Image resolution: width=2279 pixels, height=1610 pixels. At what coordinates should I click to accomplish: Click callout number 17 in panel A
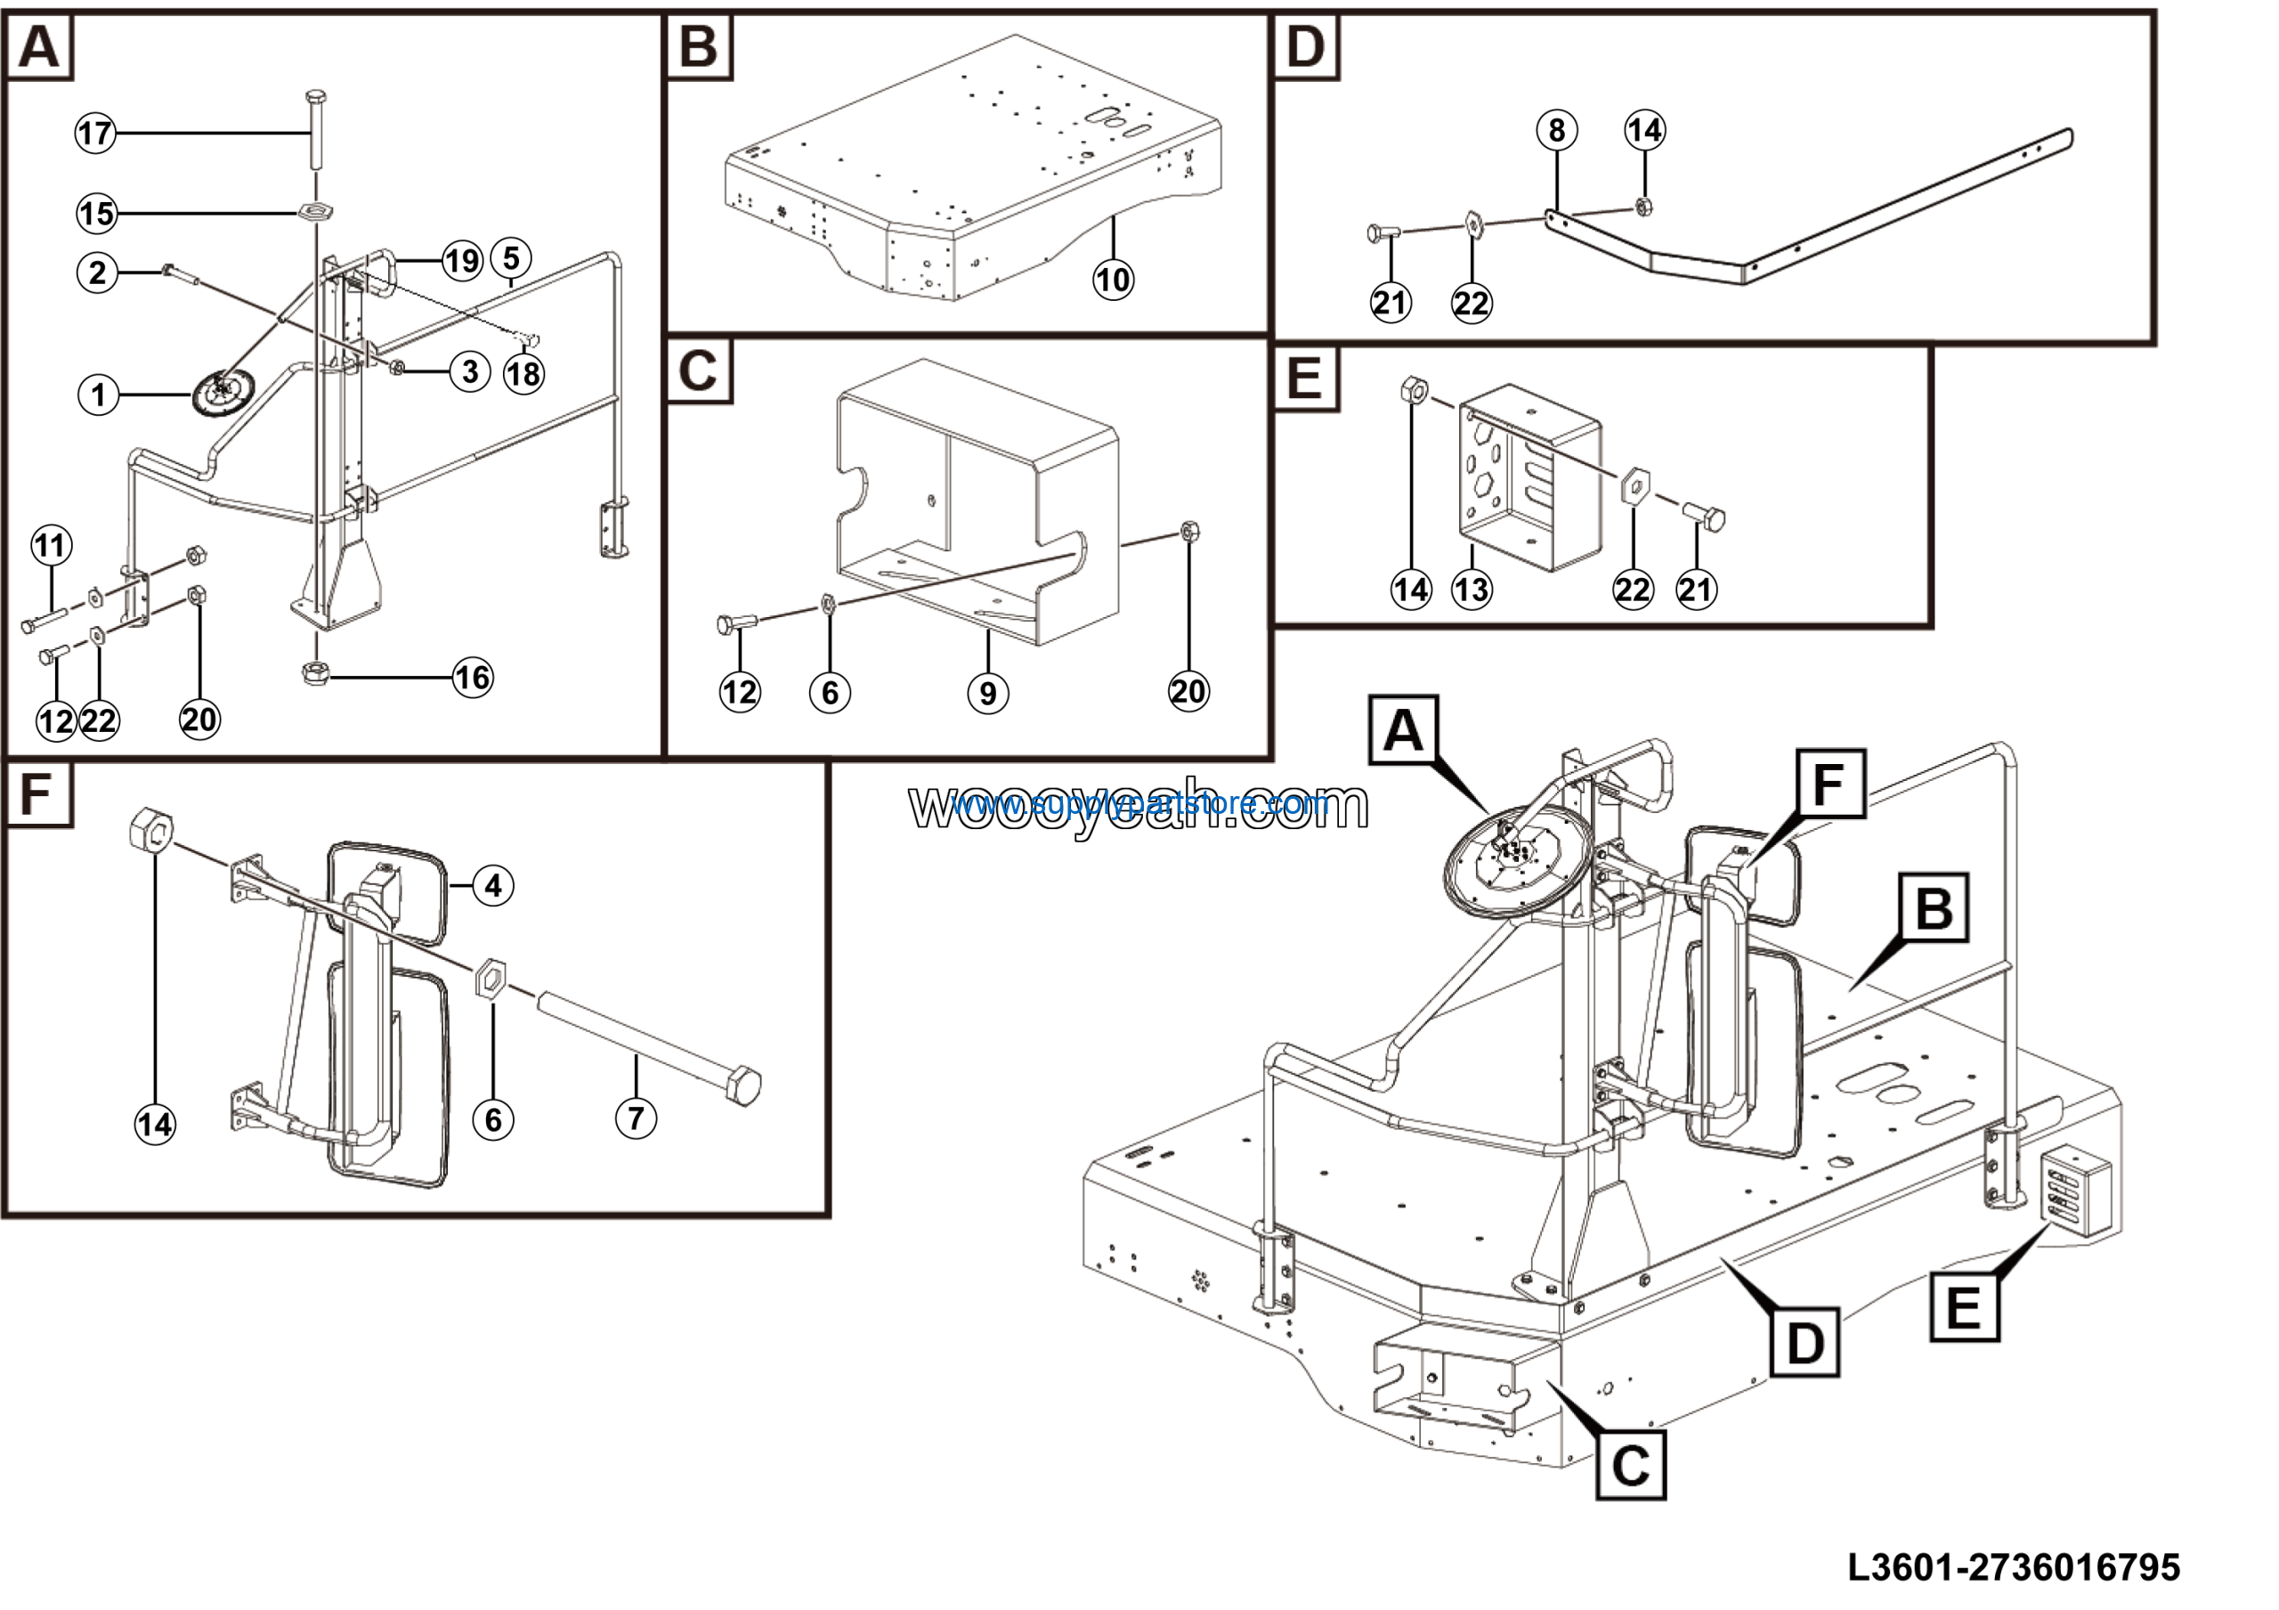tap(95, 133)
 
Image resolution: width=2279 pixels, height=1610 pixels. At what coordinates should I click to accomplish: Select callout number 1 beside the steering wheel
tap(97, 395)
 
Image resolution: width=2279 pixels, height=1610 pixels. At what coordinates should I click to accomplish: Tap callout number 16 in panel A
tap(473, 678)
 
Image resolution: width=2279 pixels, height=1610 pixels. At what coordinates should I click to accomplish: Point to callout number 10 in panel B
tap(1113, 280)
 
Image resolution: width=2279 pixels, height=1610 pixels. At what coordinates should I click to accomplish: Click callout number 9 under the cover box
tap(987, 693)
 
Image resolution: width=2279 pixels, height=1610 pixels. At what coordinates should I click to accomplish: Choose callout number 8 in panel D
tap(1556, 130)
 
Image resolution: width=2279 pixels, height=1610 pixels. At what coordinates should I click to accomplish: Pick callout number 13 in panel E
tap(1471, 590)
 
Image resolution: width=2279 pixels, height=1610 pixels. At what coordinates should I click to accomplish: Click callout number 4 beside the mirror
tap(493, 884)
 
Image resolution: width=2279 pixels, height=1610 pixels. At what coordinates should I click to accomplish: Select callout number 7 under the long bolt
tap(636, 1118)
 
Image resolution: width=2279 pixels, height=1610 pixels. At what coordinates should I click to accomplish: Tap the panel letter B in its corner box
tap(699, 46)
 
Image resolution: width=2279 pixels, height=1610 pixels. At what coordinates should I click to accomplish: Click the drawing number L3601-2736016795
tap(2014, 1567)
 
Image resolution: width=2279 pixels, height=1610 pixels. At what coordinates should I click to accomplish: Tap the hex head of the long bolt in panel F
tap(743, 1086)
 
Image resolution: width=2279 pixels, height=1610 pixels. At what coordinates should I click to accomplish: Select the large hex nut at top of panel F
tap(152, 827)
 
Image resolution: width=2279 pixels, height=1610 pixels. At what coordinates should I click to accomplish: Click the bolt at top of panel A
tap(316, 129)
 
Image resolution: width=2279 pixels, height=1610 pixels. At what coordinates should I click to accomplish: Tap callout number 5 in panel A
tap(510, 258)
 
